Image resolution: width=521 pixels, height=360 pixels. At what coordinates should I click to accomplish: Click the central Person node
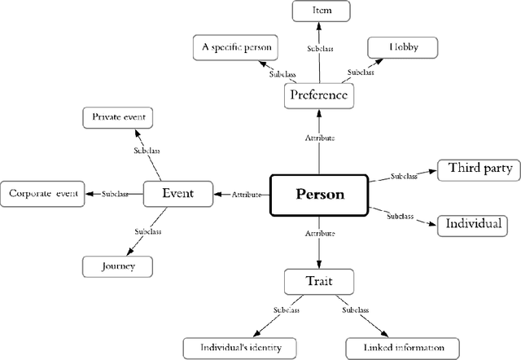319,195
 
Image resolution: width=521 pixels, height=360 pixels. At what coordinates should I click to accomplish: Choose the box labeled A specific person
234,48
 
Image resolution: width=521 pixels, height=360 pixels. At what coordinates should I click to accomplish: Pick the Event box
177,194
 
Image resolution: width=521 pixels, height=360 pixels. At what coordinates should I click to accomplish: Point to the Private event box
118,118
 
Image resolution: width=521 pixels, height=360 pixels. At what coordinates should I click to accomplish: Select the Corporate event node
42,194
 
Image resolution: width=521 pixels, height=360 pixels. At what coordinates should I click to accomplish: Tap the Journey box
118,266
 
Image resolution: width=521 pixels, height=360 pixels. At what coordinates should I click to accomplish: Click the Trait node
319,282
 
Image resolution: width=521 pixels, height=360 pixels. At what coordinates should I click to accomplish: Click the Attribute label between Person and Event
247,195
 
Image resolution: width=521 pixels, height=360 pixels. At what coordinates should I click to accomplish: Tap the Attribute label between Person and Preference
319,138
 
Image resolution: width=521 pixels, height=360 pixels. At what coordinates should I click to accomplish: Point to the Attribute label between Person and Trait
319,234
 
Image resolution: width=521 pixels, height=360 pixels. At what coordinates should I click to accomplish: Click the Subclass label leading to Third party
405,175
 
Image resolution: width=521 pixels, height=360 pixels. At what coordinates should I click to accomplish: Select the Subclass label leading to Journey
147,231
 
